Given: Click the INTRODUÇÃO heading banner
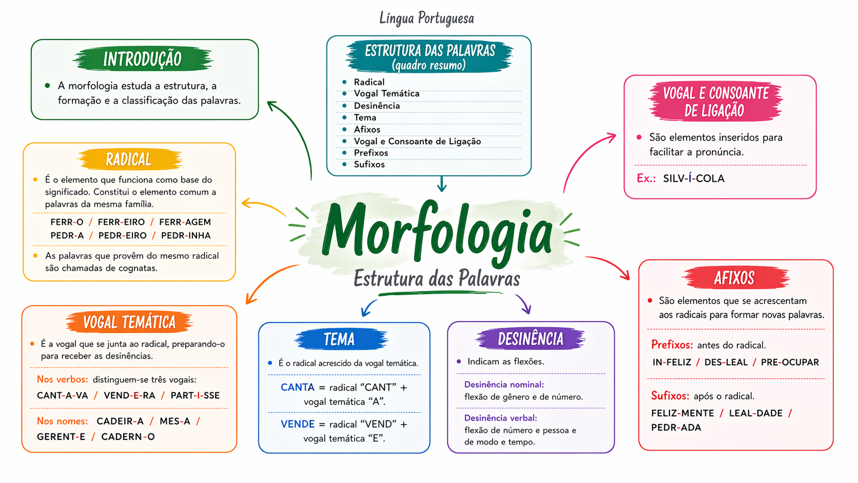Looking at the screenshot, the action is click(143, 59).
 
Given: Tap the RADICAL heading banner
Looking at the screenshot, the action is click(129, 159).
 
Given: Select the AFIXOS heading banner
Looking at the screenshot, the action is click(735, 278).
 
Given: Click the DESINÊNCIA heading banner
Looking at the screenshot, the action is click(531, 339).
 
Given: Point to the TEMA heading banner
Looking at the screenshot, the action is click(341, 339).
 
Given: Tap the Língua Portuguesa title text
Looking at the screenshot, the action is click(427, 18).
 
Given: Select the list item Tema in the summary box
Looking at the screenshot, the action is click(365, 118).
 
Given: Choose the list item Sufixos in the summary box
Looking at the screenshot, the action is click(369, 164).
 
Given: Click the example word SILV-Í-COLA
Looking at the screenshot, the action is click(694, 179).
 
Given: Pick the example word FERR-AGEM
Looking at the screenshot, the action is click(185, 222).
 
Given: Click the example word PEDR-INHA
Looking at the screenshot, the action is click(186, 236).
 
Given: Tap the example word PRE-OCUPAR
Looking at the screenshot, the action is click(790, 362).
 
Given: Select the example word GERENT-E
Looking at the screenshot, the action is click(61, 437).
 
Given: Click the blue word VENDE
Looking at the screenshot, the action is click(298, 424).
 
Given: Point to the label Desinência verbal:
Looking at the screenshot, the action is click(501, 418).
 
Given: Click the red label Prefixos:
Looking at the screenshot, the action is click(672, 345).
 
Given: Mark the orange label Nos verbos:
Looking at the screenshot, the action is click(63, 379).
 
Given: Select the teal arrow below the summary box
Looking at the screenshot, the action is click(442, 184).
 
